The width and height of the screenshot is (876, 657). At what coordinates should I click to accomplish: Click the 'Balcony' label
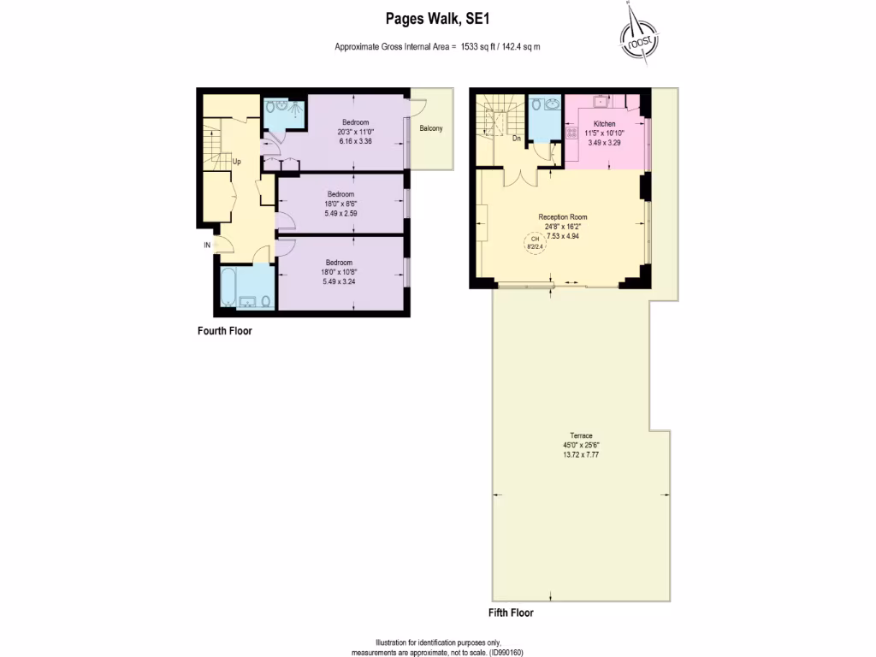pos(431,128)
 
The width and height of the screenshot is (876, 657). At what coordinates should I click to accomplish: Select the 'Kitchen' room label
pos(604,124)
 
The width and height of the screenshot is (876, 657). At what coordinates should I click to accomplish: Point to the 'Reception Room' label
pos(562,216)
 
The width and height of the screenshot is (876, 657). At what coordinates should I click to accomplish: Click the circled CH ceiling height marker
pos(536,244)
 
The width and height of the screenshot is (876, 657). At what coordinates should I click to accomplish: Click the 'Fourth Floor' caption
pos(224,331)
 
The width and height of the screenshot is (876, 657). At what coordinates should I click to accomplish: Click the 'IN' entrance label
pos(207,245)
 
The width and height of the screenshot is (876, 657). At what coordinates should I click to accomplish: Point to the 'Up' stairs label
pos(236,160)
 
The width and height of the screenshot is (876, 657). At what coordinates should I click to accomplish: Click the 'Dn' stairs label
pos(516,138)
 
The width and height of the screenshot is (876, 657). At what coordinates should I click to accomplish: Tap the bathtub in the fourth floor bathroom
pos(230,287)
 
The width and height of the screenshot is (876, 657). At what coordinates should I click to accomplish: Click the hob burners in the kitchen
pos(570,132)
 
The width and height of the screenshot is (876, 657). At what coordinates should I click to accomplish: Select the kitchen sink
pos(602,101)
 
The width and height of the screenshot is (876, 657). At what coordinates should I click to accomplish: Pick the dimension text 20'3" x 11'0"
pos(355,132)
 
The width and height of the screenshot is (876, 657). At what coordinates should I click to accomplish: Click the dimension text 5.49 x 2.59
pos(340,212)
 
